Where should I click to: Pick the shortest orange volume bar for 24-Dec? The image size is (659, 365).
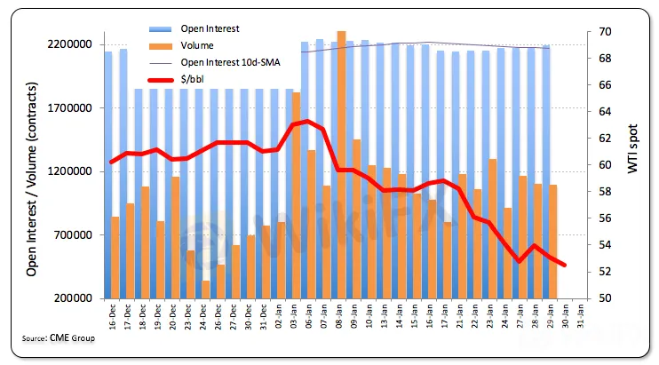click(206, 289)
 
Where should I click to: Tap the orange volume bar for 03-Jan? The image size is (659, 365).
click(296, 195)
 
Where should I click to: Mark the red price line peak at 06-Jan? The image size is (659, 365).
click(307, 121)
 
